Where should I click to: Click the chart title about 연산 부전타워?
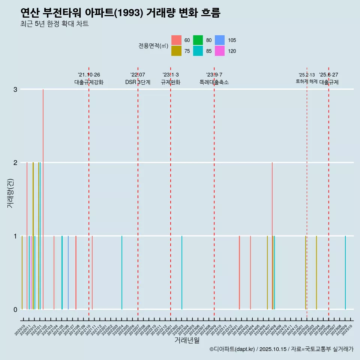click(x=120, y=13)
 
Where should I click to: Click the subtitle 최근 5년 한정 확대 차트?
click(x=54, y=24)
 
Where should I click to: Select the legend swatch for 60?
click(x=176, y=40)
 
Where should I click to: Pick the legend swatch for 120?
click(x=220, y=51)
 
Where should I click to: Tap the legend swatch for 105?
click(x=220, y=40)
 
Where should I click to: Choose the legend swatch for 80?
click(x=198, y=40)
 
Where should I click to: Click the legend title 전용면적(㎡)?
click(x=153, y=46)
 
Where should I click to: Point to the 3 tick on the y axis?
click(x=15, y=89)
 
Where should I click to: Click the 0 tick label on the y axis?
click(x=15, y=309)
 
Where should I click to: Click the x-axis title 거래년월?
click(x=187, y=340)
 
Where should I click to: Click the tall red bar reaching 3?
click(x=43, y=199)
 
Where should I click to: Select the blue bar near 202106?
click(x=68, y=273)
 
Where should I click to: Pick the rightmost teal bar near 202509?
click(x=345, y=273)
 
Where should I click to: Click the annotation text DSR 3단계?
click(x=138, y=82)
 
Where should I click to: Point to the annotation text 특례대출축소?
click(x=214, y=82)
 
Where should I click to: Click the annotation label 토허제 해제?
click(x=307, y=81)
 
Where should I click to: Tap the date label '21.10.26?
click(x=89, y=75)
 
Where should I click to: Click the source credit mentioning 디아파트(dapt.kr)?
click(x=281, y=349)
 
